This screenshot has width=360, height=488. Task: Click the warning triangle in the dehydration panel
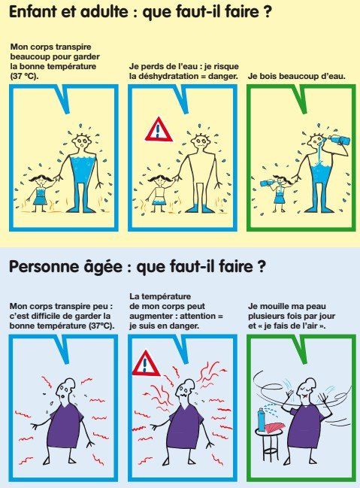(159, 130)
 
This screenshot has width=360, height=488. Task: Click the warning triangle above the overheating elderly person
(146, 365)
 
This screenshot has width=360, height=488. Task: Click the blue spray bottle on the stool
(261, 420)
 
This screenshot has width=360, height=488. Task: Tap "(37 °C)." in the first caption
(25, 76)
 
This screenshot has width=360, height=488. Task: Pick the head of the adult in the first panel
(81, 143)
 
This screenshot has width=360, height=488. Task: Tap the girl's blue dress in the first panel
(40, 197)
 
